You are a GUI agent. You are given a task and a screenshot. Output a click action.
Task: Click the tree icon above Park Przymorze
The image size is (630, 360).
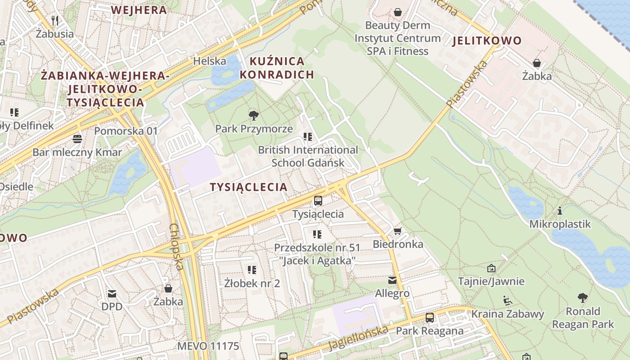click(x=254, y=116)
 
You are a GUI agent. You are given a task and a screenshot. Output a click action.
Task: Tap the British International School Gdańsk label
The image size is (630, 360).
click(x=308, y=156)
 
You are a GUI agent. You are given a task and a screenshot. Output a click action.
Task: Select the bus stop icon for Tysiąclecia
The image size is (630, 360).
click(x=318, y=201)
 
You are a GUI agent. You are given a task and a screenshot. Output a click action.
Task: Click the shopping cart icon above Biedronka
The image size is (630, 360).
click(x=397, y=231)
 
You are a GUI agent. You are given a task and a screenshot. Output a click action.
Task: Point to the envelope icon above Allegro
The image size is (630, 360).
click(x=392, y=280)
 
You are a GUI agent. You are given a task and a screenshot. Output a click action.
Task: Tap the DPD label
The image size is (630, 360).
click(x=112, y=306)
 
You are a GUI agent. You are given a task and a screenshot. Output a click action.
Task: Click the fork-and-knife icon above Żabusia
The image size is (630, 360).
click(x=55, y=20)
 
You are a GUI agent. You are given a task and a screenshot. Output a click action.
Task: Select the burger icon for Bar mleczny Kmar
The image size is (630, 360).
click(x=77, y=139)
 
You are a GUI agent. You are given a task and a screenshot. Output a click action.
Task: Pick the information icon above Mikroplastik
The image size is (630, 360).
click(x=560, y=211)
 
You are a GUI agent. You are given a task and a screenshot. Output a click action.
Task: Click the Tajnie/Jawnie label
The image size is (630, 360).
click(x=491, y=281)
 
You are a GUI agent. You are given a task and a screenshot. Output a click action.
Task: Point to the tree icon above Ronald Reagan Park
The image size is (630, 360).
click(x=583, y=297)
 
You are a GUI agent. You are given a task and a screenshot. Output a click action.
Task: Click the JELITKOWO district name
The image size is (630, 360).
click(x=487, y=41)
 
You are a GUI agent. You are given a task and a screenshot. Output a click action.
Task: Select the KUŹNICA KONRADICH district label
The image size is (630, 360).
click(x=277, y=67)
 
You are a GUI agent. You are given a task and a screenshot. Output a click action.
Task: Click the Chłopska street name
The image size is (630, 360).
click(x=176, y=247)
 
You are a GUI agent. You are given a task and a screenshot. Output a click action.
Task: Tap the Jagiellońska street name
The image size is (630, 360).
click(x=358, y=337)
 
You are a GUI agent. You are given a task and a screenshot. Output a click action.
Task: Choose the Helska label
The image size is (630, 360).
click(x=209, y=61)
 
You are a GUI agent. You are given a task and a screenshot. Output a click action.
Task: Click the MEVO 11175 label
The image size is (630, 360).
click(x=208, y=346)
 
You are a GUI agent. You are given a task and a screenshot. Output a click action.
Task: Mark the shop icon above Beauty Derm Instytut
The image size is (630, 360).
click(x=397, y=12)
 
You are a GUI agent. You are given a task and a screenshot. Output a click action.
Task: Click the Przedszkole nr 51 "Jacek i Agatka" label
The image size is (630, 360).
click(x=317, y=254)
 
